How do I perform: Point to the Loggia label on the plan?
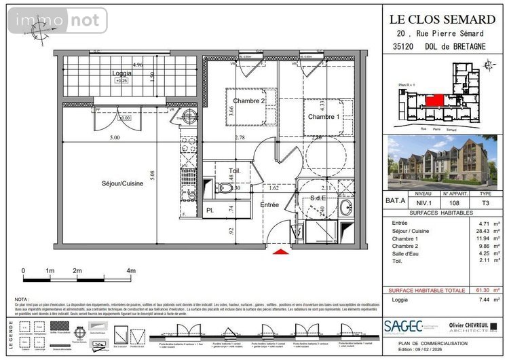(x=123, y=73)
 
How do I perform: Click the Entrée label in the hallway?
(x=270, y=204)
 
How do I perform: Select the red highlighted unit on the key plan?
(x=436, y=101)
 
